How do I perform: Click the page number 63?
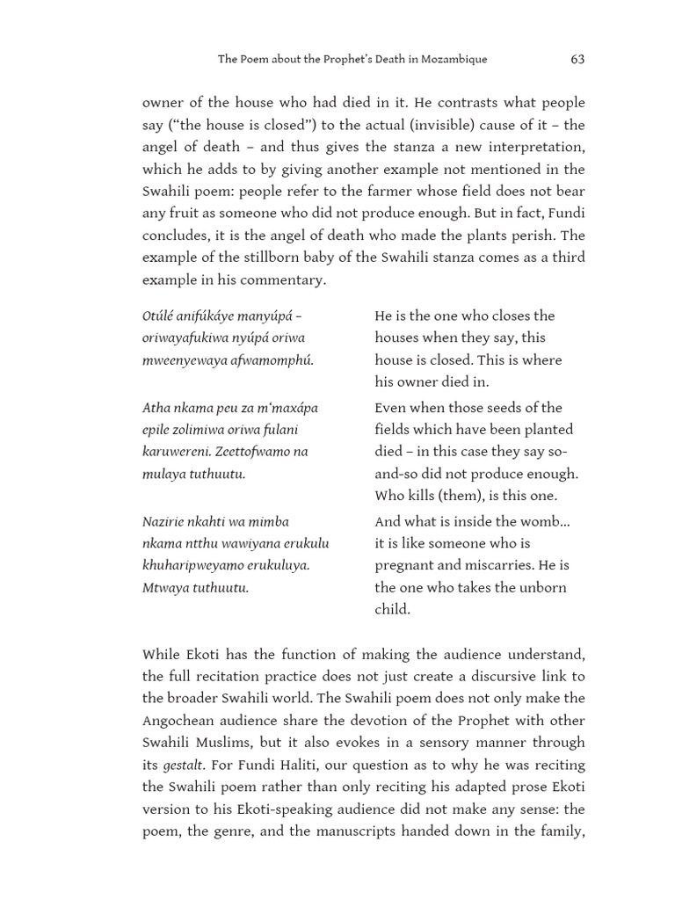tap(577, 59)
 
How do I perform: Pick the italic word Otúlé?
tap(159, 316)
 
